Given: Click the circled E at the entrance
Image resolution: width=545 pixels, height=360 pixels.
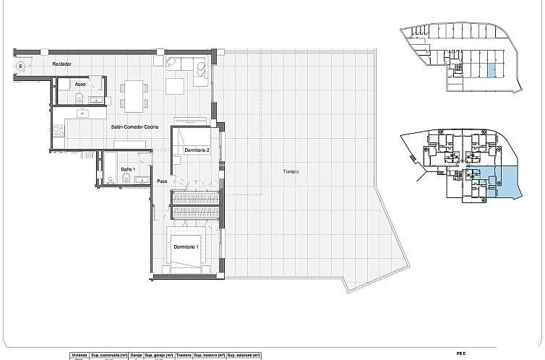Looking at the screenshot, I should [21, 67].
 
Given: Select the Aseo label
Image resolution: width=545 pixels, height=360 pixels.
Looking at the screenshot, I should [80, 84].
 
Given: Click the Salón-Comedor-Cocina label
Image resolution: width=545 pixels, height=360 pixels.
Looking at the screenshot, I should [135, 127].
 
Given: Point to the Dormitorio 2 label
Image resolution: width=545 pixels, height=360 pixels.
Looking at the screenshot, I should [197, 150].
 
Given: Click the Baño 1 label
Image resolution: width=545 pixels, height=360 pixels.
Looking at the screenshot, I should [129, 169].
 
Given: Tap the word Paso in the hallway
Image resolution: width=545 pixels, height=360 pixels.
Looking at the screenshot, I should [163, 181].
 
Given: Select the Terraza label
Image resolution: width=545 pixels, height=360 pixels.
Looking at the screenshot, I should [291, 171].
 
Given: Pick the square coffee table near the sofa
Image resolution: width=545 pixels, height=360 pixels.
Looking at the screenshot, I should [176, 87].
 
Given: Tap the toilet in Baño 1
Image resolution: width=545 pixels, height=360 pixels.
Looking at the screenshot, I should [126, 181].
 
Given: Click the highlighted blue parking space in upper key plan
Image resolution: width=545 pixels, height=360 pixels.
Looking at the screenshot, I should [492, 71].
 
